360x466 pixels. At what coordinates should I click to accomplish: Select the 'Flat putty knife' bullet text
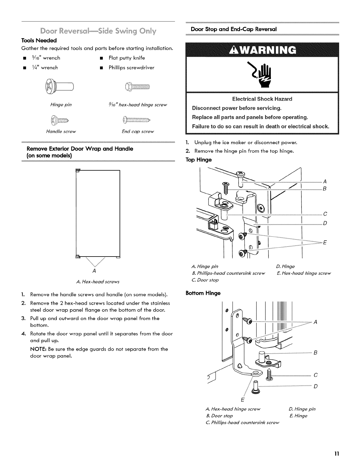(127, 58)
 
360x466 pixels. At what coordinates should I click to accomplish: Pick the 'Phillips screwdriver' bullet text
(131, 68)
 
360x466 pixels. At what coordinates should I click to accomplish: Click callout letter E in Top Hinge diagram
(325, 243)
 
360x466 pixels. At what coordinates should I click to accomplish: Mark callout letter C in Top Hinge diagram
(325, 214)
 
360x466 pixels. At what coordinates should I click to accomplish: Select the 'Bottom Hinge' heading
(203, 293)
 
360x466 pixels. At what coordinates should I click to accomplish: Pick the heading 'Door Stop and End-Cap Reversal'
(234, 29)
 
